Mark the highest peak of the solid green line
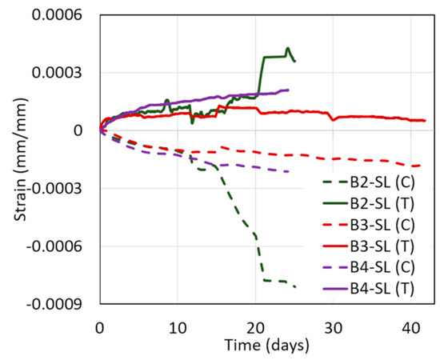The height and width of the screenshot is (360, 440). [287, 48]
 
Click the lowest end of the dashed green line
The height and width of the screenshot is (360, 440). [295, 287]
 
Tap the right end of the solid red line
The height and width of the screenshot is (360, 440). [425, 121]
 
